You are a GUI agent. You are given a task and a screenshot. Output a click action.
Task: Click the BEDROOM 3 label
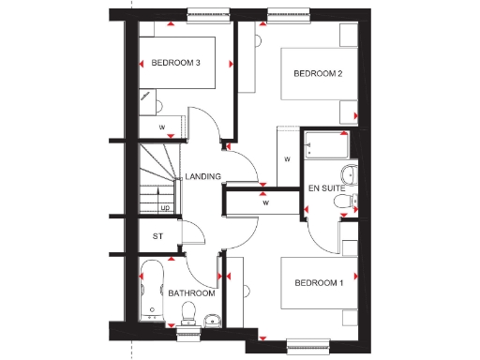(176, 64)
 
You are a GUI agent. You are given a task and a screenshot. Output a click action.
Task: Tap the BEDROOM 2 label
(317, 73)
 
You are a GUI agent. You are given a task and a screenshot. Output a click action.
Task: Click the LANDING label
(202, 176)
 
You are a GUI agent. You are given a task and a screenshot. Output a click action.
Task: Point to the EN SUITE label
(328, 189)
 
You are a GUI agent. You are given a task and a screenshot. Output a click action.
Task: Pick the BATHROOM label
(191, 293)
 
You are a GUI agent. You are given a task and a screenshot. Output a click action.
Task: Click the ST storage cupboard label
(157, 235)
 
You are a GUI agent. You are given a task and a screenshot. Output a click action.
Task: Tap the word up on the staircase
(165, 208)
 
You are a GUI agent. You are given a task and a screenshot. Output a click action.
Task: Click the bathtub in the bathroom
(151, 291)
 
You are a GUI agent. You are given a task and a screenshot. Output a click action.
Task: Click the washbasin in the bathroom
(212, 322)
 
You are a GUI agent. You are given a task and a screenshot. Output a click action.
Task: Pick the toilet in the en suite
(348, 174)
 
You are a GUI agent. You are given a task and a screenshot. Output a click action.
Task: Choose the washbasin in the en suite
(353, 199)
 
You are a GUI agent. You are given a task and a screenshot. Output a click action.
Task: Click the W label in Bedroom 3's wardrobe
(161, 126)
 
